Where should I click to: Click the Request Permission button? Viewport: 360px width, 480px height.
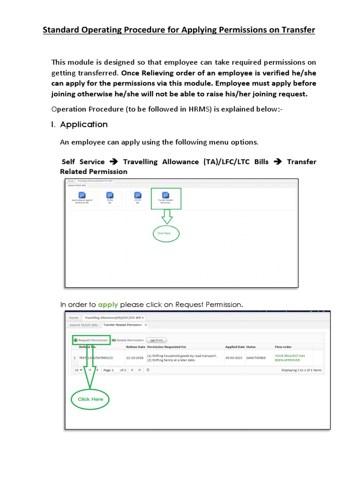(x=91, y=340)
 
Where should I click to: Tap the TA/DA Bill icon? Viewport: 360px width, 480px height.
(x=110, y=199)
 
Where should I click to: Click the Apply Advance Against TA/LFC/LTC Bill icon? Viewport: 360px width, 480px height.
(x=82, y=199)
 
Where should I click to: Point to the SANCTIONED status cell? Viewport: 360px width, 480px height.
(x=256, y=358)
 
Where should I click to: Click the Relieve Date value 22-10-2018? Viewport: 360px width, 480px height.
(x=135, y=358)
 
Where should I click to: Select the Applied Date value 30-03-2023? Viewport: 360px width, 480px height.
(x=234, y=358)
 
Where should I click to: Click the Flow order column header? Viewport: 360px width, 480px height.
(x=283, y=347)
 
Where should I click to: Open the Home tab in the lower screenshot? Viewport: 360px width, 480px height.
(x=74, y=317)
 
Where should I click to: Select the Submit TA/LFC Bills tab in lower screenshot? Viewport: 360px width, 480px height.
(x=83, y=324)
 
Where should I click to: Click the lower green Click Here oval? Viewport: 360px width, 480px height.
(x=90, y=399)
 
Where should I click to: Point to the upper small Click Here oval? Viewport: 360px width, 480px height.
(x=166, y=233)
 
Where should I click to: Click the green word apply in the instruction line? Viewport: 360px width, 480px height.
(x=108, y=305)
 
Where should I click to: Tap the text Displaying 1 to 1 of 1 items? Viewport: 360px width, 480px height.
(x=301, y=370)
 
